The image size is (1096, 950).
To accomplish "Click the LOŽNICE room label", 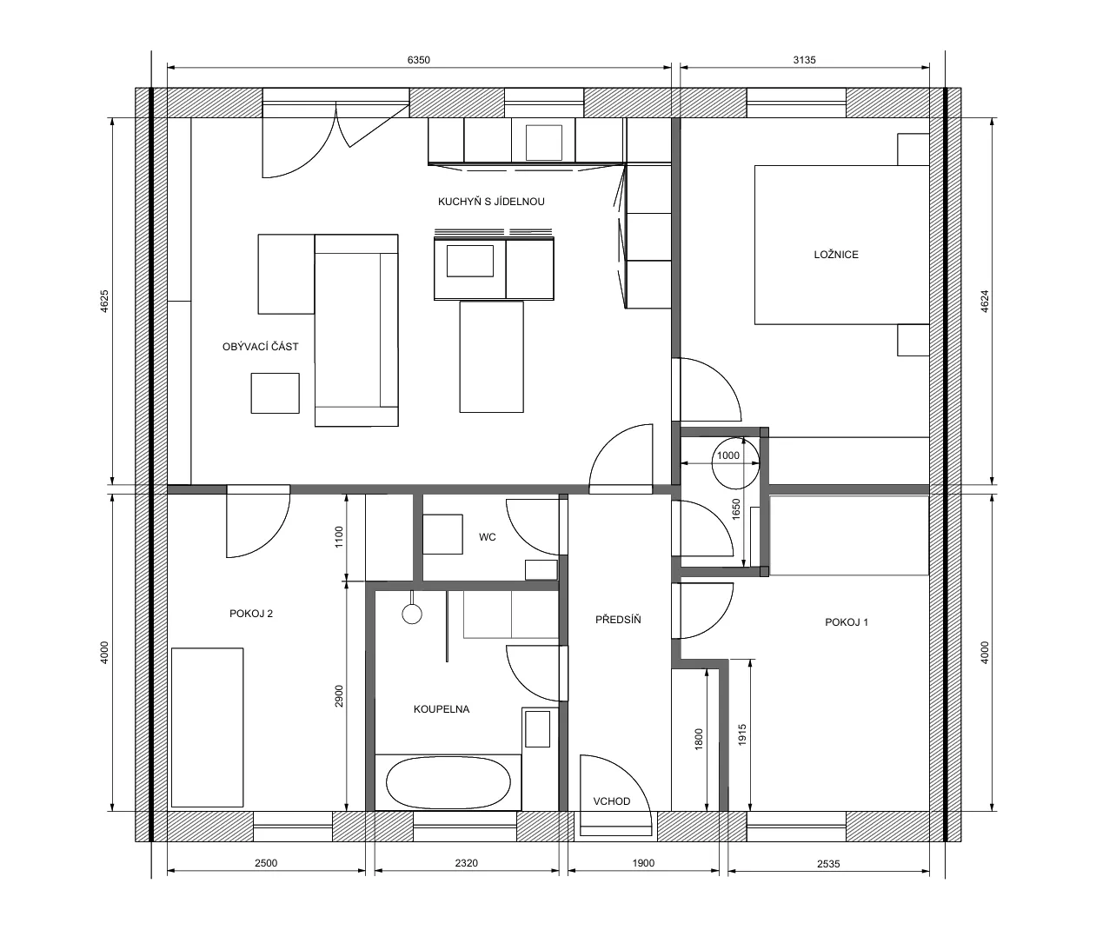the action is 835,255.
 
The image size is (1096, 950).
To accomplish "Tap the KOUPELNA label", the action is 442,709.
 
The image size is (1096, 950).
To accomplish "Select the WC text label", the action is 487,537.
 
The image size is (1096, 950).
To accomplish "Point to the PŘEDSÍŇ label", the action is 618,619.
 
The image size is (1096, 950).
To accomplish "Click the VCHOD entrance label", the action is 611,801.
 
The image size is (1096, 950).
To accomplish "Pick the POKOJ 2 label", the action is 251,614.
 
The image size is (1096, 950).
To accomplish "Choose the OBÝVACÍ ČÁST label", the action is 261,347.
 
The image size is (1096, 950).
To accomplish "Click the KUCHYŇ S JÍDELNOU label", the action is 491,202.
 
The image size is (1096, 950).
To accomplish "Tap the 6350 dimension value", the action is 418,60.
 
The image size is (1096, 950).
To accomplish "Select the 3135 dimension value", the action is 804,60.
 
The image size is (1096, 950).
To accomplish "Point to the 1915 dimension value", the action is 741,735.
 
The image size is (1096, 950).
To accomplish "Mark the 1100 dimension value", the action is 339,536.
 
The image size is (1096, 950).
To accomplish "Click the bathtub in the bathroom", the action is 448,782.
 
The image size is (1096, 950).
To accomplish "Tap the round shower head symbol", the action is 411,615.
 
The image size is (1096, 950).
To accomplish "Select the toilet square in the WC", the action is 442,535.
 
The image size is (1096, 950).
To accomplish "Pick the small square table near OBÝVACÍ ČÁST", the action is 275,394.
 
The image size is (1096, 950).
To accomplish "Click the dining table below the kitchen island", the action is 491,356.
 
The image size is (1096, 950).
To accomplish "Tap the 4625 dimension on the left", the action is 104,301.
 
